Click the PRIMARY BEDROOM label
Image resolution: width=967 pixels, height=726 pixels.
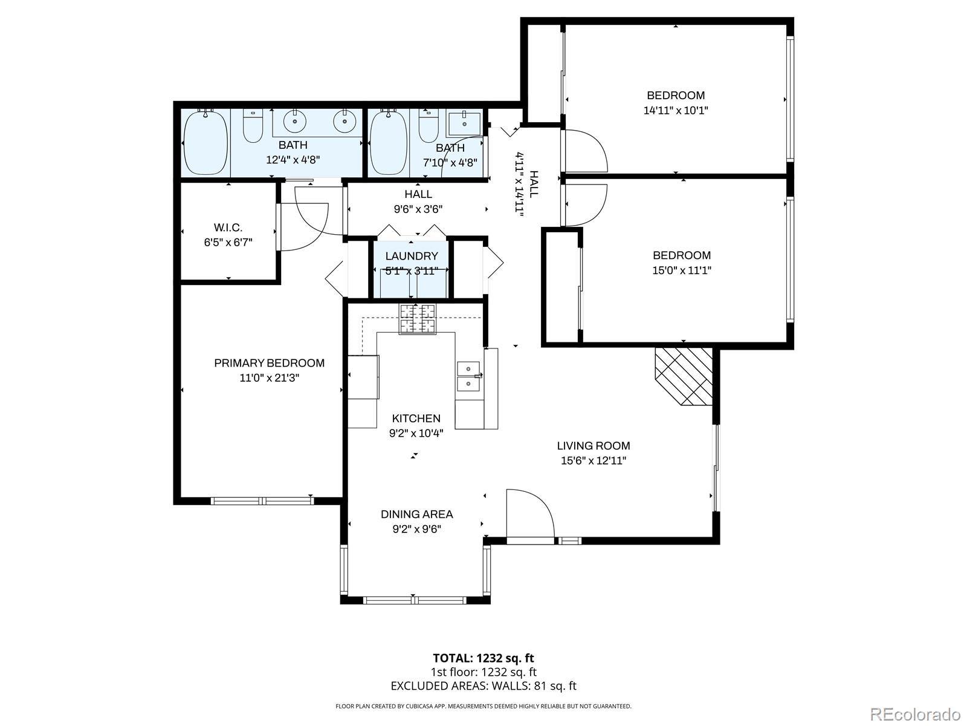coord(269,363)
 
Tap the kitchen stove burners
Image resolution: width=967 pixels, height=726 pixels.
coord(417,319)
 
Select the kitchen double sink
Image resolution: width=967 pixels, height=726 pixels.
coord(468,376)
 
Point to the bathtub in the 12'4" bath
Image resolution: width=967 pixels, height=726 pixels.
coord(205,142)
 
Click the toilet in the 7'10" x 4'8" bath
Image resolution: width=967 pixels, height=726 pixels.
coord(429,125)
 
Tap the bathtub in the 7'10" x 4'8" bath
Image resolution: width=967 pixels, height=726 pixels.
coord(389,143)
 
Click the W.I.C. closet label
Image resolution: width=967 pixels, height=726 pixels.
coord(228,227)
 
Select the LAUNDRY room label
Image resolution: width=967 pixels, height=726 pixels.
coord(412,256)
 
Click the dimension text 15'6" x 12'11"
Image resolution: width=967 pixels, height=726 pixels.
coord(593,461)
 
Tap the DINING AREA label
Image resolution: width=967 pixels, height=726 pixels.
coord(416,514)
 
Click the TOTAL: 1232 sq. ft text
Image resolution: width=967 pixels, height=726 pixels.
coord(483,658)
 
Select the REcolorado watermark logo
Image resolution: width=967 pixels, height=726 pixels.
coord(915,714)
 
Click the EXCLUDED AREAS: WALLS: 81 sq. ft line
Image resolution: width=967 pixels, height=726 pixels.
coord(483,686)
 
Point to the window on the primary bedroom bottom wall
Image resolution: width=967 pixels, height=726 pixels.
coord(262,500)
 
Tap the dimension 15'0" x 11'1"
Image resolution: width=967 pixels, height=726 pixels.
coord(681,270)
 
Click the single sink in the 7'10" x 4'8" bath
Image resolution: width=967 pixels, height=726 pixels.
coord(465,123)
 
